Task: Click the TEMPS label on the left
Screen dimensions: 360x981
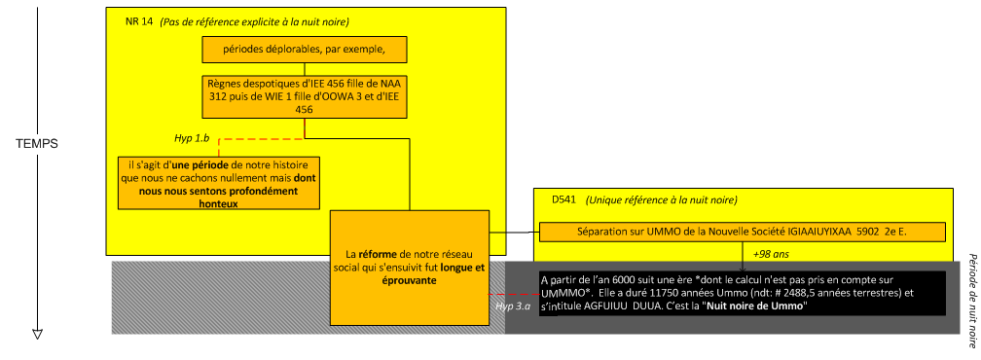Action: click(x=38, y=143)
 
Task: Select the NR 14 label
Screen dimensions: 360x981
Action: click(x=140, y=21)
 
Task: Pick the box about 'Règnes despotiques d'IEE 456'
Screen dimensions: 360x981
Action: click(x=304, y=97)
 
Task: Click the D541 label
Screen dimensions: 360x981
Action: click(x=563, y=199)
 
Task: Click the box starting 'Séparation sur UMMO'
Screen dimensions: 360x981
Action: click(x=742, y=233)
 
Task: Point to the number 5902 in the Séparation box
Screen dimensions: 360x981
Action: click(x=868, y=233)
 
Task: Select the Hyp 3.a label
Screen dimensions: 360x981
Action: click(x=512, y=306)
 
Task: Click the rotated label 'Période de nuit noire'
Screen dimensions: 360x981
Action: click(x=970, y=302)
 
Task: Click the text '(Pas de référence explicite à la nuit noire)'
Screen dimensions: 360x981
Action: click(x=254, y=21)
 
